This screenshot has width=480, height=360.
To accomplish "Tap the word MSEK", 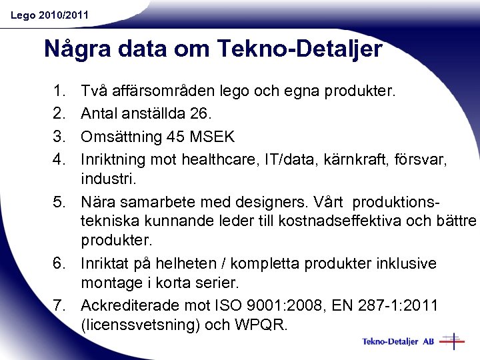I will tap(212, 137).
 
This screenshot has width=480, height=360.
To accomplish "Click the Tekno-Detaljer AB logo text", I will tap(398, 342).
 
